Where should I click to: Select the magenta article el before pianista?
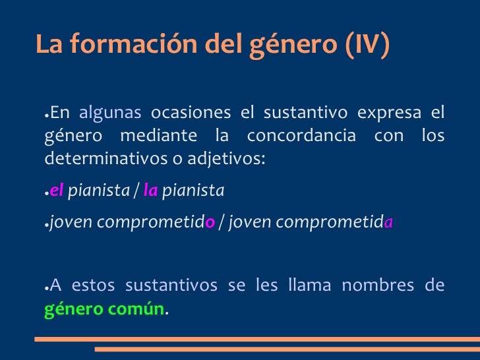pyautogui.click(x=57, y=191)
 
